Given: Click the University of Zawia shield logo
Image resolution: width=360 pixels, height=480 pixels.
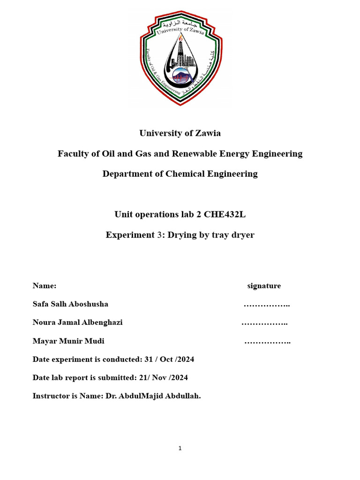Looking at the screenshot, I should (x=180, y=59).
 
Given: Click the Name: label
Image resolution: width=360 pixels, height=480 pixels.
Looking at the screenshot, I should (x=45, y=286).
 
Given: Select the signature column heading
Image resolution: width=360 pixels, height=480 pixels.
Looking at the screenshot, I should (x=264, y=286).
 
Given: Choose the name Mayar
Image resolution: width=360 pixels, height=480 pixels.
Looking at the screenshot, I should (x=44, y=341).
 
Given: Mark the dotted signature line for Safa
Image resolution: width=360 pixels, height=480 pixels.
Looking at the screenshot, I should (x=267, y=305).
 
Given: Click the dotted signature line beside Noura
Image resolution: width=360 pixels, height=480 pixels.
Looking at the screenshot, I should (x=264, y=323).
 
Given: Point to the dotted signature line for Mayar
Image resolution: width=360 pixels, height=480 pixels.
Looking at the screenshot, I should (x=267, y=342).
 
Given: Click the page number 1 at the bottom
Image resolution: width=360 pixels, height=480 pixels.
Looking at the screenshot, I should (x=180, y=449).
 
